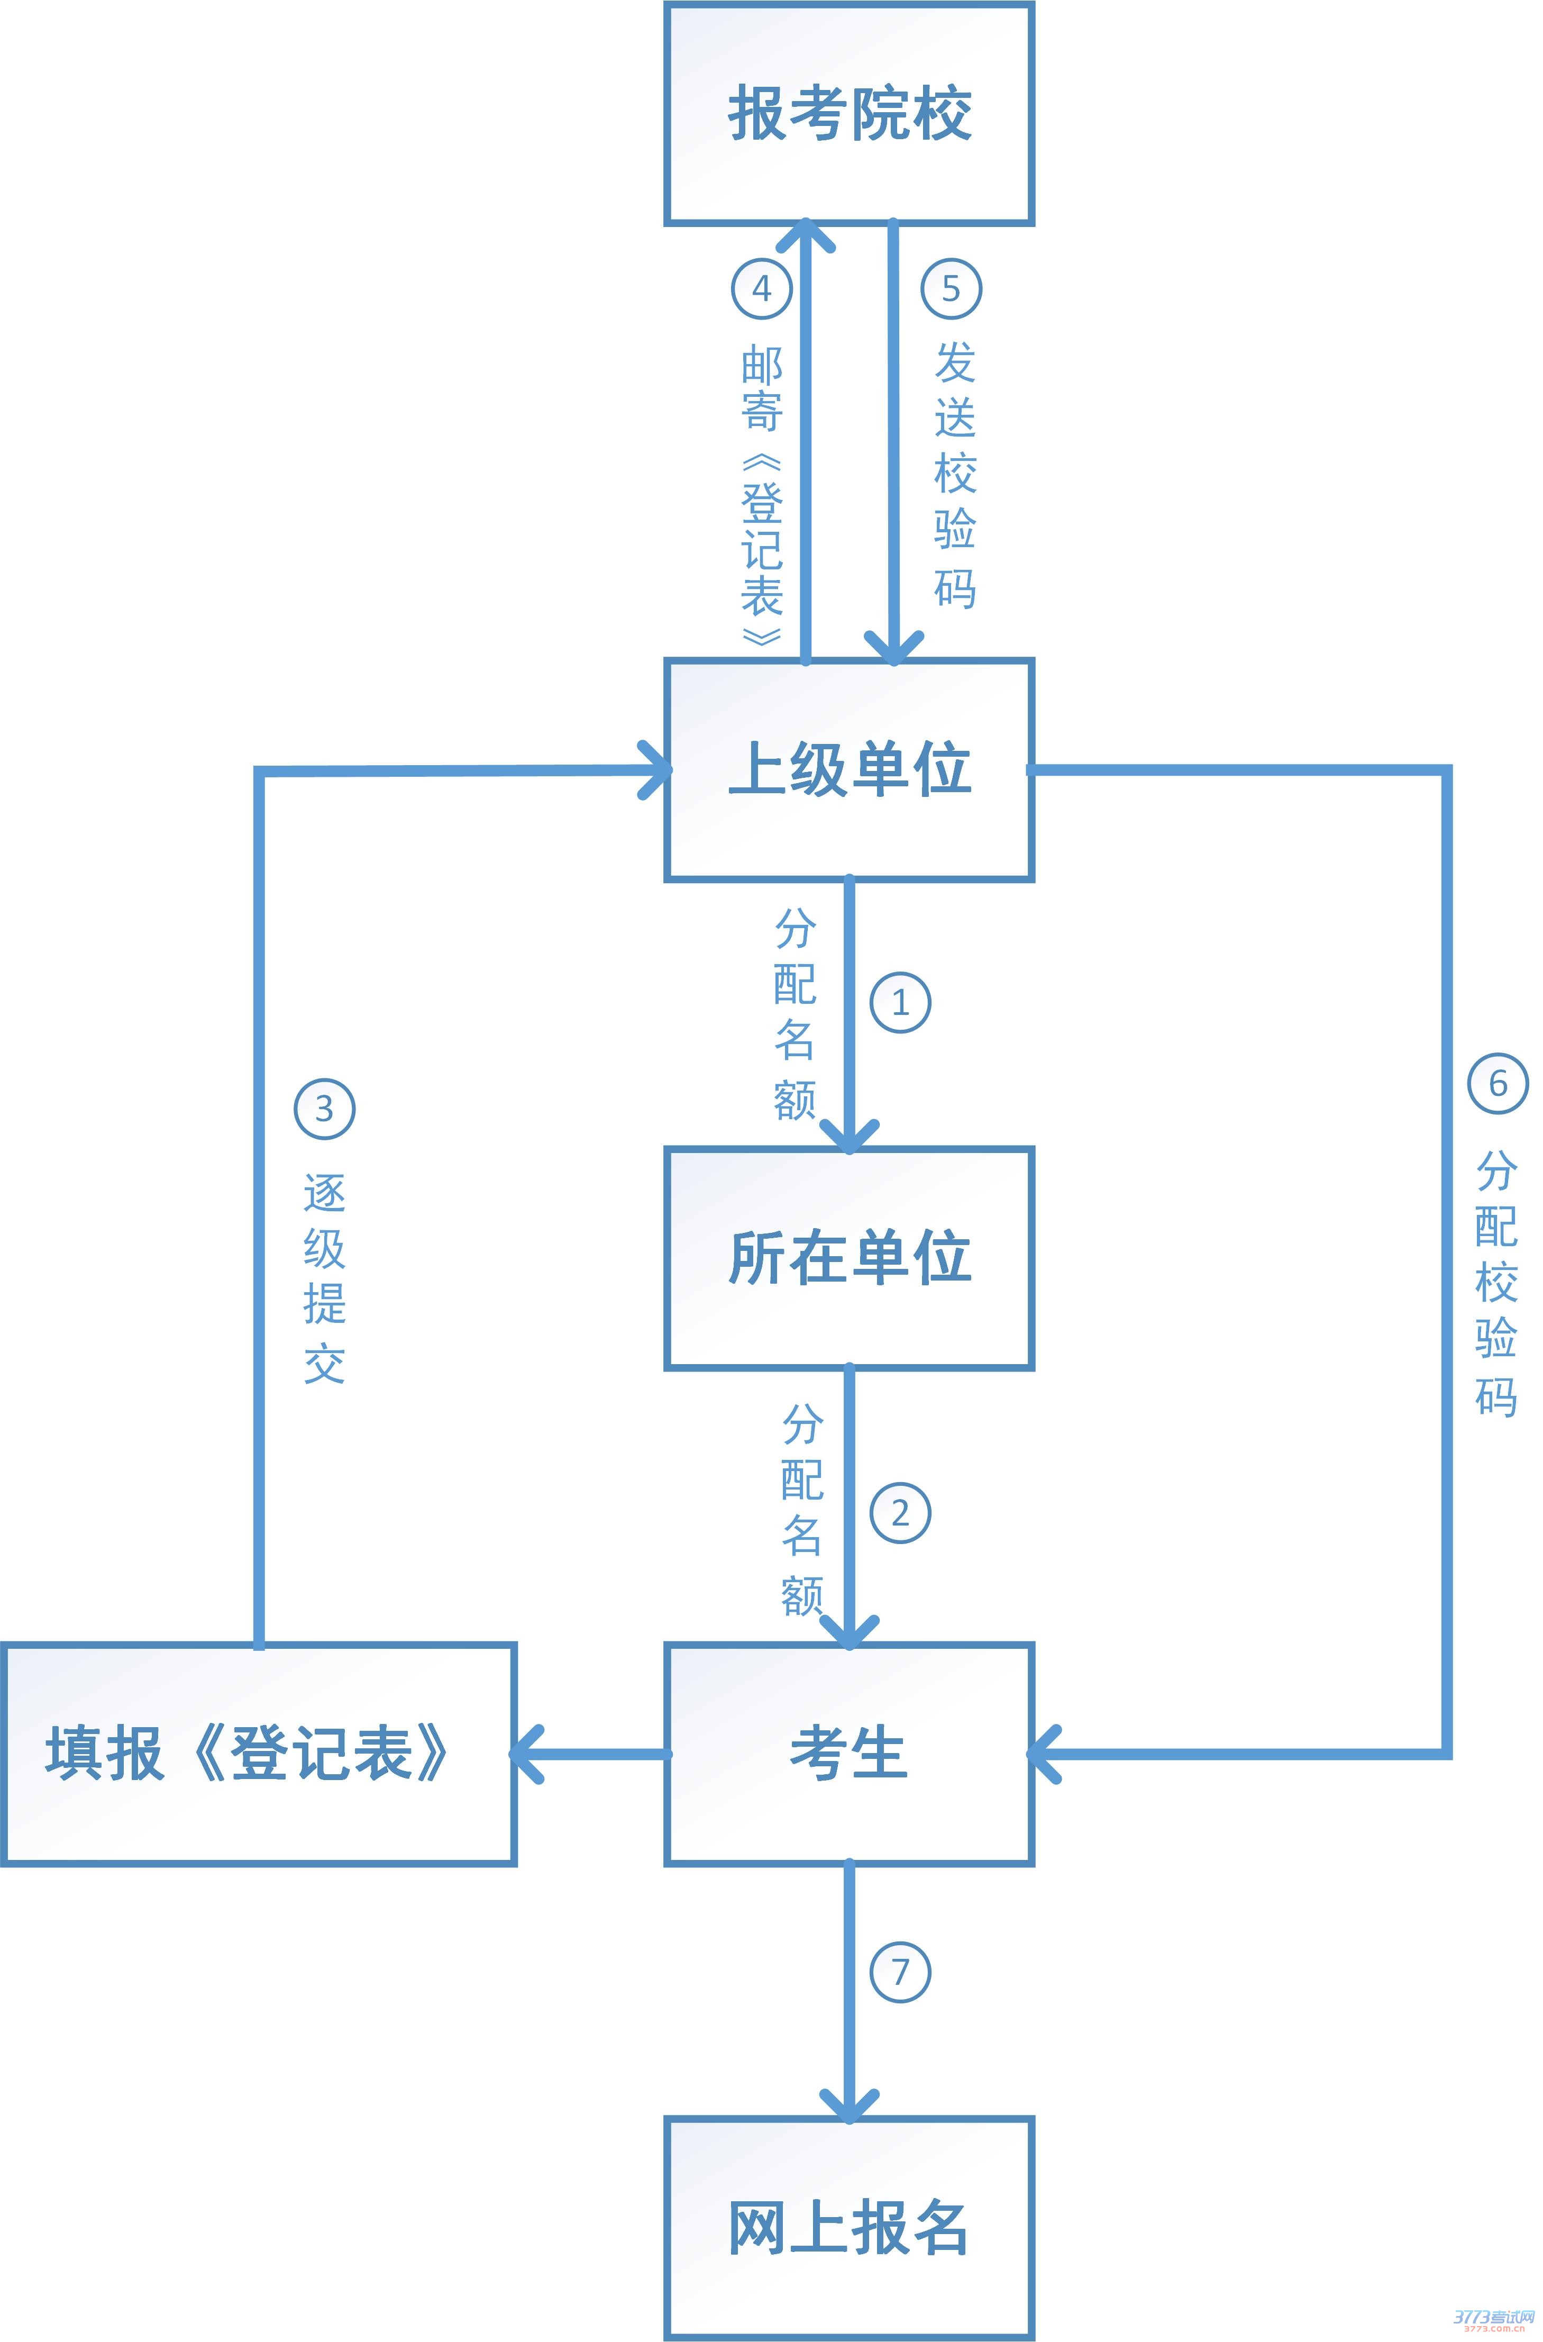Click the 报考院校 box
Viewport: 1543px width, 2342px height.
[x=849, y=113]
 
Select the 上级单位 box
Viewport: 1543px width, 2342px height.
[x=849, y=769]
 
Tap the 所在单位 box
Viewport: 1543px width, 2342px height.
[x=849, y=1257]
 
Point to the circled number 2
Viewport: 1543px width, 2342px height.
[x=899, y=1513]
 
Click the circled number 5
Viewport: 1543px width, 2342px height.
[x=951, y=288]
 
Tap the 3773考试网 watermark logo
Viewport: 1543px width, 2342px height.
[x=1494, y=2318]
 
